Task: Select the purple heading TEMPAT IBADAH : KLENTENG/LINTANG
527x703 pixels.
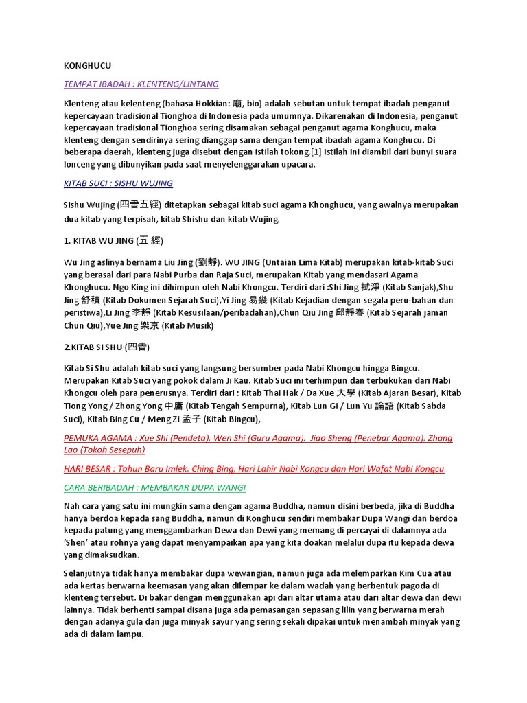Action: [x=141, y=84]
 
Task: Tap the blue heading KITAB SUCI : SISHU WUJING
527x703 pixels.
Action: [x=118, y=183]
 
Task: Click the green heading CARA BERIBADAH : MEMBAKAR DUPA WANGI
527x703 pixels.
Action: [x=154, y=487]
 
